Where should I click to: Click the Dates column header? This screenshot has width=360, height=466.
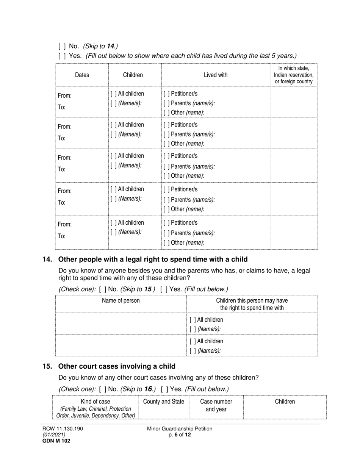coord(82,75)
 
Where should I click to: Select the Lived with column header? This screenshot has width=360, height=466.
coord(216,75)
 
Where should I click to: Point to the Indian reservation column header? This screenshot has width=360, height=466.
coord(294,75)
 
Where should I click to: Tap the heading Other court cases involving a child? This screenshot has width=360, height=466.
coord(117,366)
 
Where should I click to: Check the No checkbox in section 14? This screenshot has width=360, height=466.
coord(102,289)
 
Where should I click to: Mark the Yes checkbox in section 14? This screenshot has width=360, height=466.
coord(164,289)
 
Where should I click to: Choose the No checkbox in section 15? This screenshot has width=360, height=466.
coord(102,389)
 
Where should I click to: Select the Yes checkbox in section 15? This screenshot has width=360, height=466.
coord(164,389)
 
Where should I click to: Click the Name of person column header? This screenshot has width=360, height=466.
coord(121,301)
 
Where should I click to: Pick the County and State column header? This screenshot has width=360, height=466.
coord(164,402)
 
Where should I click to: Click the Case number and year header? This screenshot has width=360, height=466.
coord(216,405)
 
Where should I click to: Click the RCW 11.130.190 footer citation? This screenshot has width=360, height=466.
coord(63,429)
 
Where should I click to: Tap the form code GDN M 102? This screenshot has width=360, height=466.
coord(56,441)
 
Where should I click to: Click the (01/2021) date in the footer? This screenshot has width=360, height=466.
coord(54,435)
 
